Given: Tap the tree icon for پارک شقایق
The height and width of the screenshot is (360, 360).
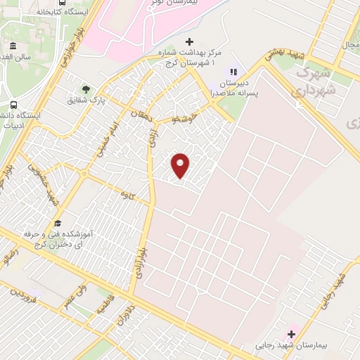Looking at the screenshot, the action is pos(86,89).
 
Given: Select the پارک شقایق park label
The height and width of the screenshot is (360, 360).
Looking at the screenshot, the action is pos(86,101).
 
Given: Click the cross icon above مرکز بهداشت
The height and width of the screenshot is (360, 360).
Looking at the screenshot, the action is pos(188,42).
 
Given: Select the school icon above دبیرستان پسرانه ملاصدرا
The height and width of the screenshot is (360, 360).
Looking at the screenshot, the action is pos(234,71).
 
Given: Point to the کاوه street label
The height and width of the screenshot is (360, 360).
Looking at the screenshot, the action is pos(127,191).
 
